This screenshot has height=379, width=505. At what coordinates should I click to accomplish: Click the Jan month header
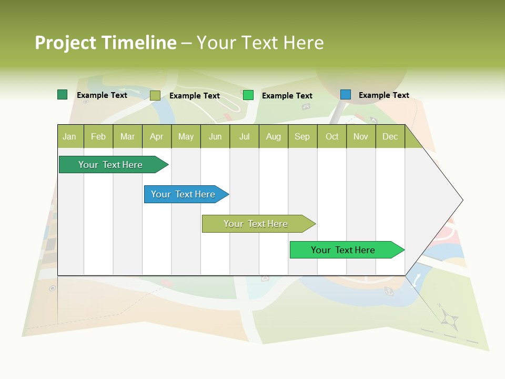click(69, 136)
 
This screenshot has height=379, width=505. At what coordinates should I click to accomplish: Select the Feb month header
click(98, 136)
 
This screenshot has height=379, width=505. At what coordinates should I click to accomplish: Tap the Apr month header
click(156, 136)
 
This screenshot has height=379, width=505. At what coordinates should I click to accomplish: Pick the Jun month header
click(215, 136)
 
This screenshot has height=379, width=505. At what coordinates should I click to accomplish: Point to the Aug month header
click(274, 136)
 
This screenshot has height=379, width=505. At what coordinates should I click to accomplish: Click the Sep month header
click(302, 136)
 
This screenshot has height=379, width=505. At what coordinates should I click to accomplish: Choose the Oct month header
click(332, 136)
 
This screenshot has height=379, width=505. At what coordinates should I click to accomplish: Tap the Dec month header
click(390, 136)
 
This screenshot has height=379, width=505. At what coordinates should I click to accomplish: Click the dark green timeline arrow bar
click(110, 165)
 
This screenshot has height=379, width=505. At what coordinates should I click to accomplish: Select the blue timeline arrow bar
click(183, 194)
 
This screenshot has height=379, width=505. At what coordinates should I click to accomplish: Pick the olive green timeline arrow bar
click(256, 224)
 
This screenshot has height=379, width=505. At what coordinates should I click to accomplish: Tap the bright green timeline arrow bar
click(343, 250)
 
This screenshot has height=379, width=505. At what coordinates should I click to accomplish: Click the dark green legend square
click(62, 95)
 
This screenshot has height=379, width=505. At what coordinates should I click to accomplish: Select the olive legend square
click(155, 95)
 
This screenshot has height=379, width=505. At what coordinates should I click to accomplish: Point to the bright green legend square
click(248, 95)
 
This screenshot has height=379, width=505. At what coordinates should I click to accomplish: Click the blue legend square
click(346, 95)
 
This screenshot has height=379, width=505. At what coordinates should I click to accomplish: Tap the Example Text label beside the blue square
click(383, 95)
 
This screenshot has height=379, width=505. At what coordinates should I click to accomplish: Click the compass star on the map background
click(449, 318)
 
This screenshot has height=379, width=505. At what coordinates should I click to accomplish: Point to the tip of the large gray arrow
click(462, 200)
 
